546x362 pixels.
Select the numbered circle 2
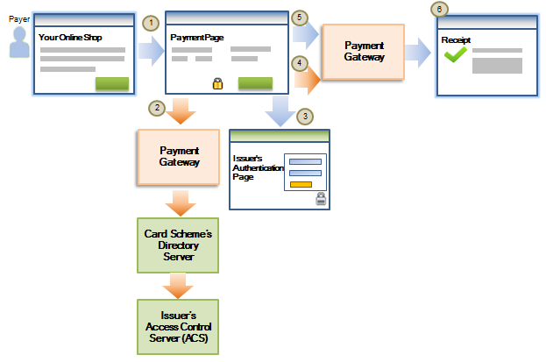point(157,108)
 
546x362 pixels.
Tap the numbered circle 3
point(303,116)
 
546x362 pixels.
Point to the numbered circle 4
point(301,64)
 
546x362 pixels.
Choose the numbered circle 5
point(301,18)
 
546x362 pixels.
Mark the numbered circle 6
point(439,8)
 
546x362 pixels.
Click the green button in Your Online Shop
point(111,83)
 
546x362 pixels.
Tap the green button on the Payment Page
point(255,83)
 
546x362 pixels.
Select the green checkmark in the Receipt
point(454,55)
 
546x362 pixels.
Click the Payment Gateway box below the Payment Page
point(177,157)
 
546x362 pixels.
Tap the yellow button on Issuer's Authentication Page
point(300,183)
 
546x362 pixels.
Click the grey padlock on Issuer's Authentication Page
point(321,200)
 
